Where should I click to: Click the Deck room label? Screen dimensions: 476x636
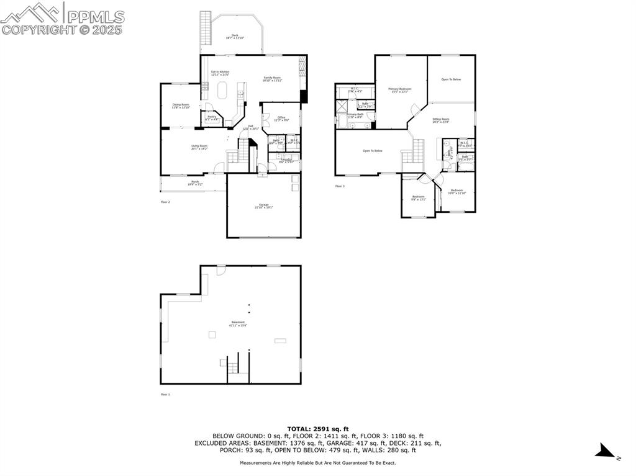pos(235,36)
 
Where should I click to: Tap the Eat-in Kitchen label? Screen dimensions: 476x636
pos(220,73)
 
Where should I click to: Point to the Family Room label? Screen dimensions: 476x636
pos(272,79)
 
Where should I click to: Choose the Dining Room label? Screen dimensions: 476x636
pos(181,106)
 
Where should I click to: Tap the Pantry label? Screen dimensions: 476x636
pos(212,117)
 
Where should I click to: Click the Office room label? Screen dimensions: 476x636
pos(281,118)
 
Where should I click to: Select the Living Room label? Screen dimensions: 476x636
pos(199,147)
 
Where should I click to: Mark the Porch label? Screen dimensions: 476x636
pos(195,183)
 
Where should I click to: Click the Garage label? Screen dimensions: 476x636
pos(263,206)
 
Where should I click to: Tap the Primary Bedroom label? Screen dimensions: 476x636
pos(400,90)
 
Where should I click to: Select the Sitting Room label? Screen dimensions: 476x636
pos(441,120)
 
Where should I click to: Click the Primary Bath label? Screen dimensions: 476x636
pos(355,115)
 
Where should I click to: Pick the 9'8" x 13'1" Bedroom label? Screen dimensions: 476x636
pos(419,198)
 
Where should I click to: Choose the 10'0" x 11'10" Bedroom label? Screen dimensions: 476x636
pos(457,191)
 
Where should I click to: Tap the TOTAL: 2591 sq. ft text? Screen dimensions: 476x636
pos(318,429)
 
